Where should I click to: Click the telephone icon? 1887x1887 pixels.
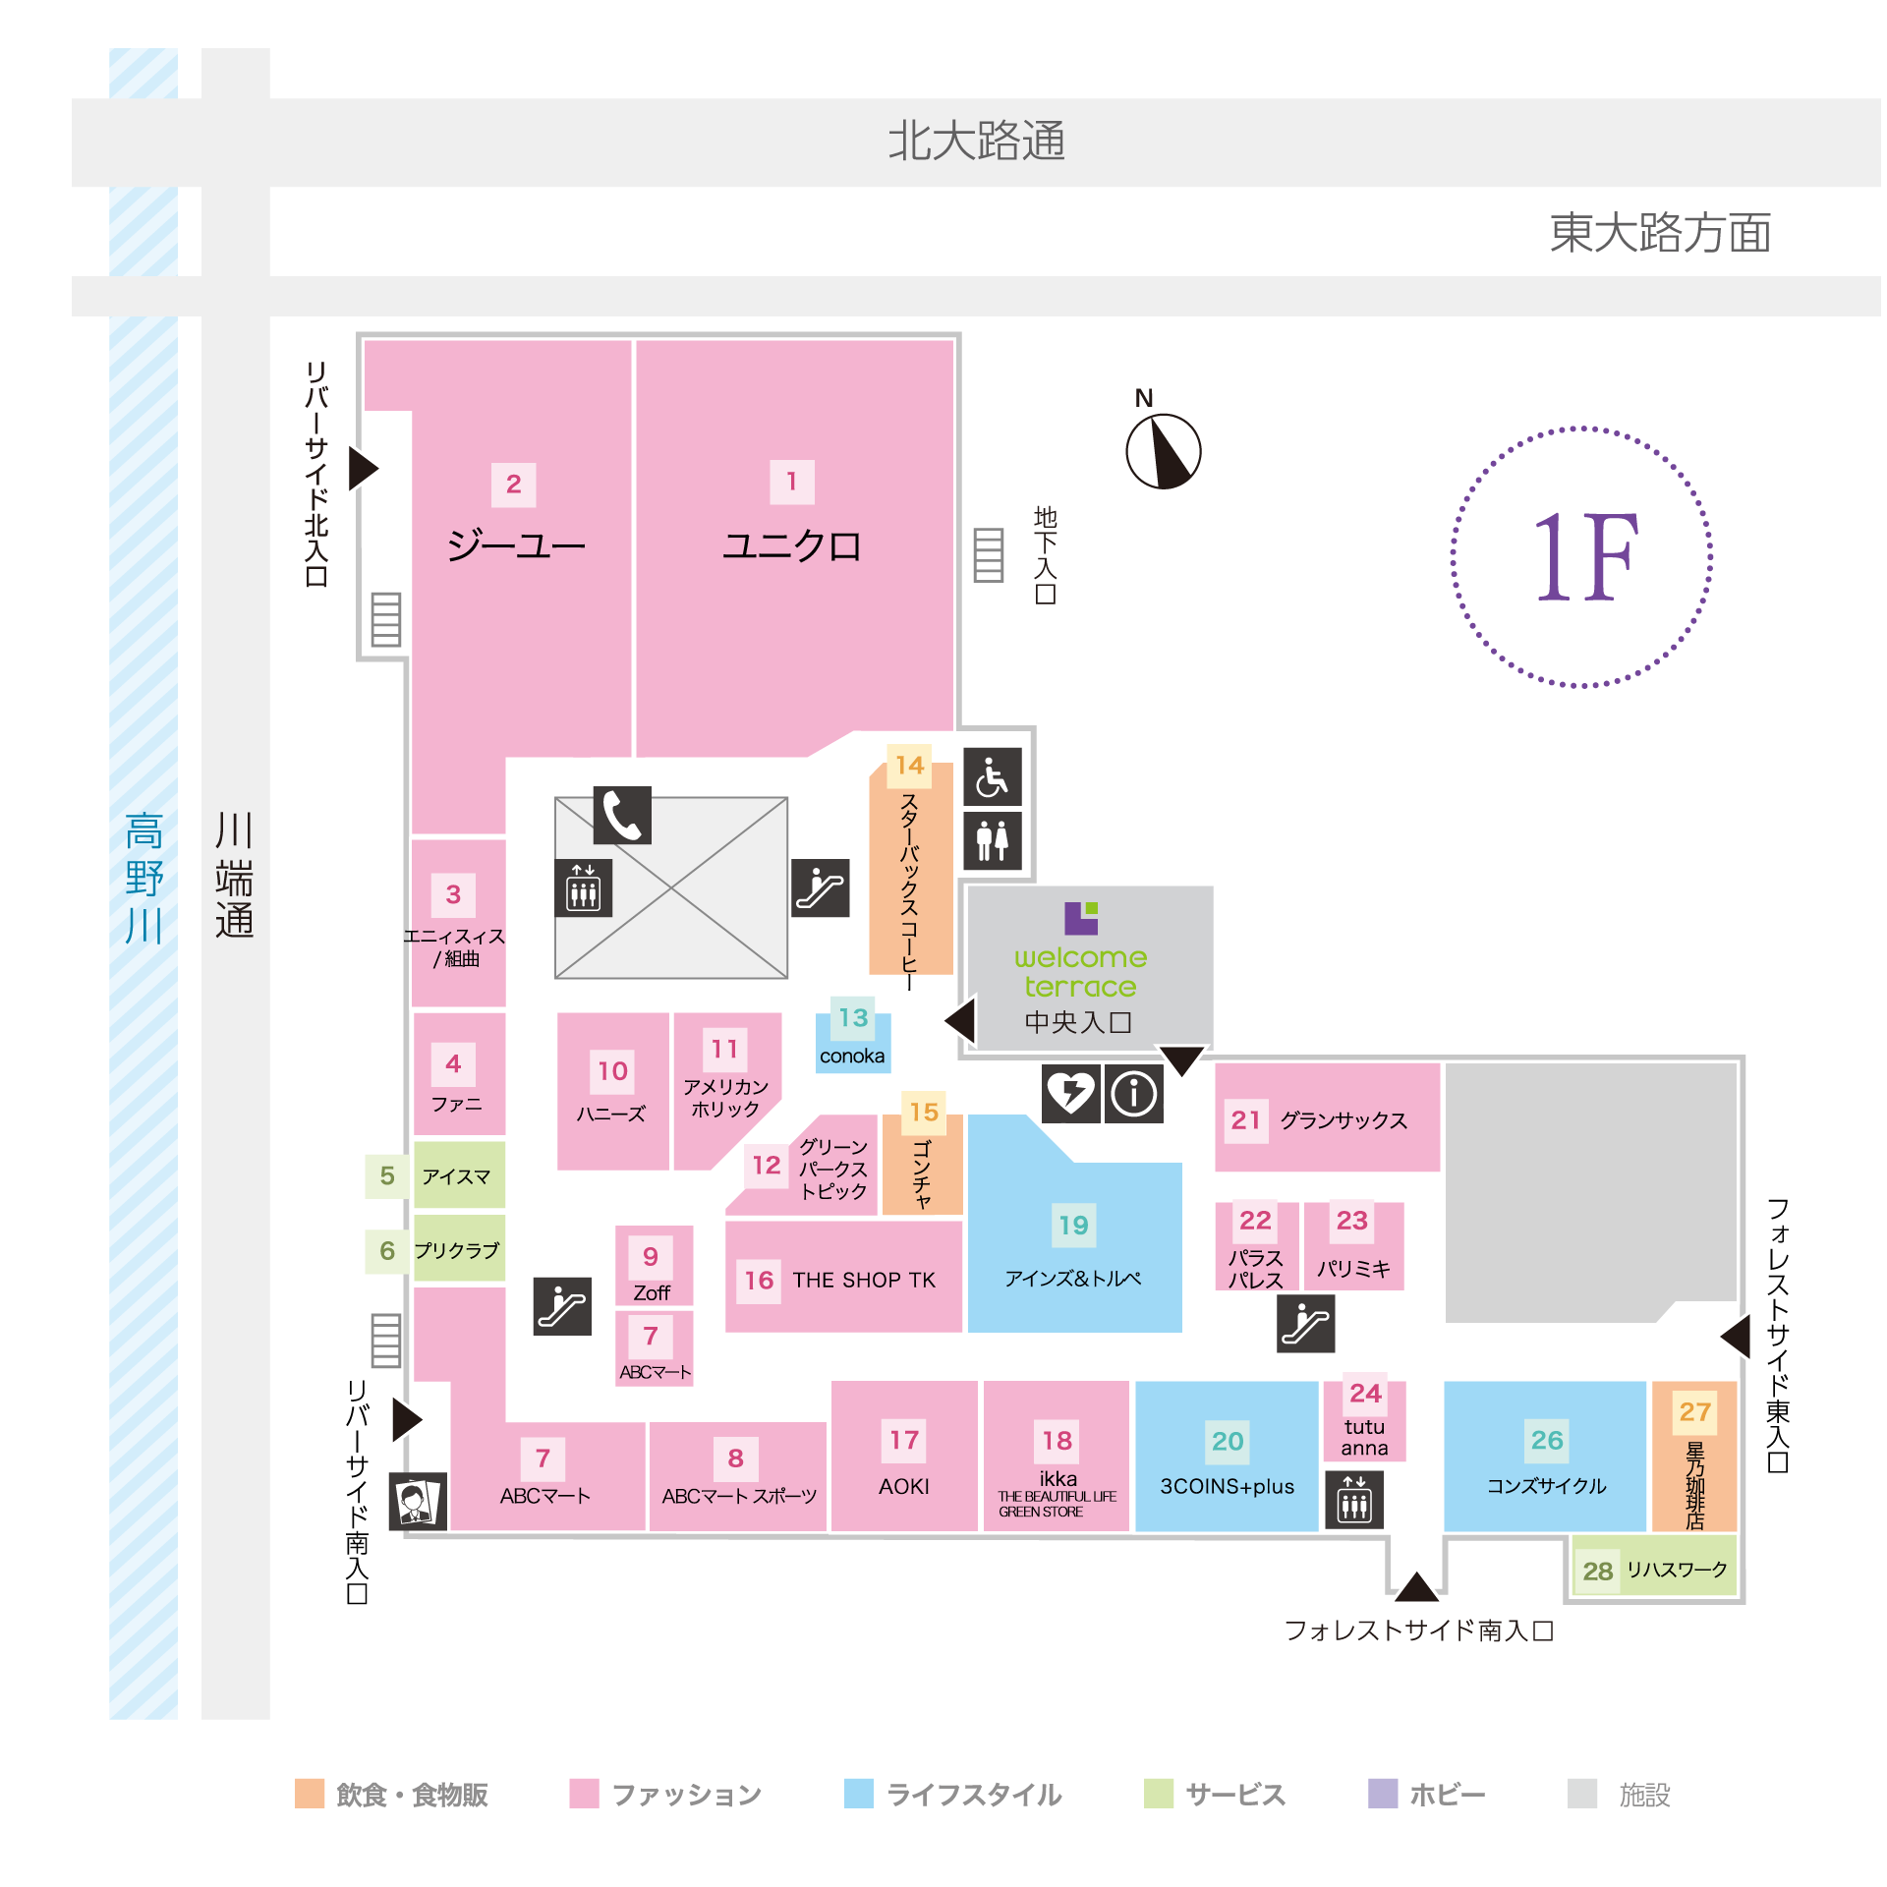pyautogui.click(x=622, y=815)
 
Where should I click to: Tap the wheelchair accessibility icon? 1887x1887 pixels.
pyautogui.click(x=993, y=776)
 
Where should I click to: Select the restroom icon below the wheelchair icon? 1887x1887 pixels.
pyautogui.click(x=993, y=840)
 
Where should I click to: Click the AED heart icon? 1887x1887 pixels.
pyautogui.click(x=1071, y=1093)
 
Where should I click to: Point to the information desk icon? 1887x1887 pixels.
pyautogui.click(x=1134, y=1093)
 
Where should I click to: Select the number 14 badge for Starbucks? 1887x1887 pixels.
pyautogui.click(x=910, y=765)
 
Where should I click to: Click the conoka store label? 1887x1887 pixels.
pyautogui.click(x=852, y=1056)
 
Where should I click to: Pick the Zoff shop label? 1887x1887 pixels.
pyautogui.click(x=652, y=1292)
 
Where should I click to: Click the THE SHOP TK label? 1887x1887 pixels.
pyautogui.click(x=864, y=1280)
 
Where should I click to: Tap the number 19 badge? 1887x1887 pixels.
pyautogui.click(x=1073, y=1225)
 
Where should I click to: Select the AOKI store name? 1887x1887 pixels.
pyautogui.click(x=904, y=1486)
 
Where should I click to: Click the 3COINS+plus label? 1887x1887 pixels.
pyautogui.click(x=1228, y=1486)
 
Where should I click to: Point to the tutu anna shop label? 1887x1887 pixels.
pyautogui.click(x=1365, y=1437)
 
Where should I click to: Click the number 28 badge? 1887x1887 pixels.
pyautogui.click(x=1598, y=1571)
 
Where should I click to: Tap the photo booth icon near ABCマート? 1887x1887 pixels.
pyautogui.click(x=418, y=1501)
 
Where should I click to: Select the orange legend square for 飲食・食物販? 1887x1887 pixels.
pyautogui.click(x=310, y=1793)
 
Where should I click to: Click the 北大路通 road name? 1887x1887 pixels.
pyautogui.click(x=977, y=141)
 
